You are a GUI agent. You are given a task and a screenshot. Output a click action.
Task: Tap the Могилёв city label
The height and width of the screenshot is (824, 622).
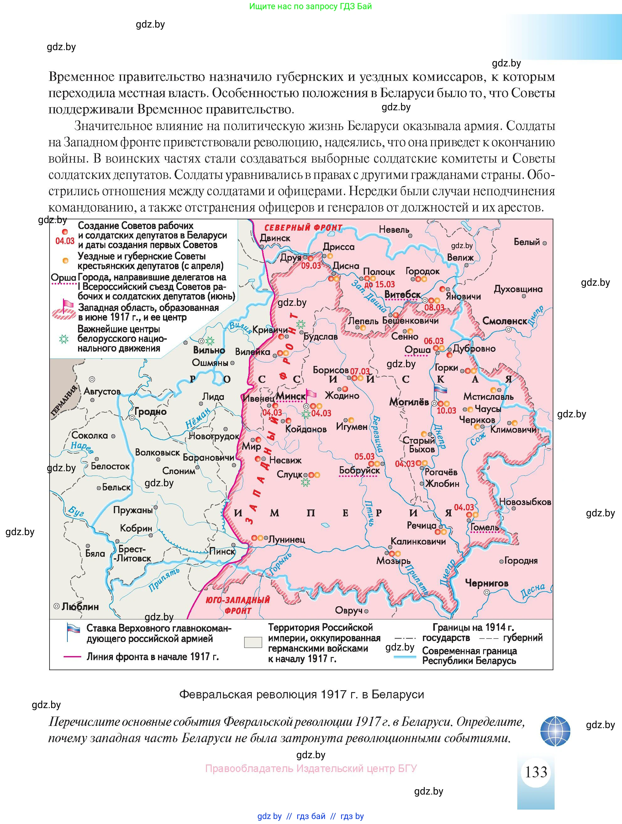(x=409, y=402)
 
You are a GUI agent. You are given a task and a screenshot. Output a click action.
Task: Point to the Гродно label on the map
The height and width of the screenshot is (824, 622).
(x=150, y=412)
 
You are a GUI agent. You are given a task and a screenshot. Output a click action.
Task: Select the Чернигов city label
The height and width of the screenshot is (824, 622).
(x=486, y=583)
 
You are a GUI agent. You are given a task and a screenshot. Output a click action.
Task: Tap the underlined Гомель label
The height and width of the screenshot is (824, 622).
(x=484, y=528)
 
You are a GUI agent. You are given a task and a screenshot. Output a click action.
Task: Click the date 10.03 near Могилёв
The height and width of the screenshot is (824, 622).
(x=446, y=410)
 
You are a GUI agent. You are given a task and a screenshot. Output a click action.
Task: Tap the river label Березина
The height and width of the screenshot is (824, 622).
(x=377, y=434)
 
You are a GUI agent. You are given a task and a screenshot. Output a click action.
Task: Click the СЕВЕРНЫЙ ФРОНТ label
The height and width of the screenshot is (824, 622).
(x=303, y=227)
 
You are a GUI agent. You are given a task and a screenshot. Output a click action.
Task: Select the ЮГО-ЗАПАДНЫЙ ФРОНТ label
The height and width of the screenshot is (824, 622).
(x=238, y=605)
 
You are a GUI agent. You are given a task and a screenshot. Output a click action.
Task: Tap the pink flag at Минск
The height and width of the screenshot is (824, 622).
(x=310, y=394)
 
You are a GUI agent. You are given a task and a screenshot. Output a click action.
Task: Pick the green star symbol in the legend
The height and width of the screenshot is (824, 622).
(x=64, y=339)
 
